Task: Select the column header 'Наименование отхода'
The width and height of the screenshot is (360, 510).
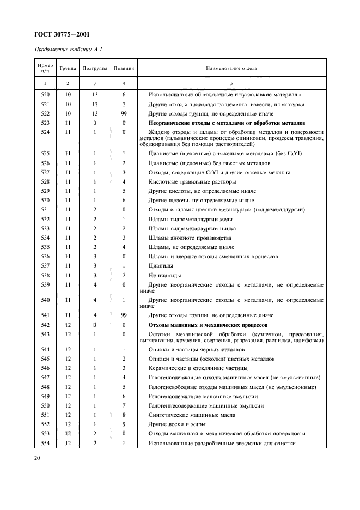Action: [x=231, y=69]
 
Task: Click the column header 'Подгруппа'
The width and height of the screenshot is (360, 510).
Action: [x=95, y=69]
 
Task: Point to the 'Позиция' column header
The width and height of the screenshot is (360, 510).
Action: [x=124, y=69]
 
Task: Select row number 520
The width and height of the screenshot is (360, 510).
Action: [x=45, y=94]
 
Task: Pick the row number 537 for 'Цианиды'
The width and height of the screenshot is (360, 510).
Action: [x=45, y=265]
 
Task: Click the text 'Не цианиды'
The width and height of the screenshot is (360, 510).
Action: [x=165, y=275]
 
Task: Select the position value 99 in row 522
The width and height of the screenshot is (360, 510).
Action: [x=124, y=113]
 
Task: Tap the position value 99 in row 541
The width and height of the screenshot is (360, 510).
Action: [x=124, y=315]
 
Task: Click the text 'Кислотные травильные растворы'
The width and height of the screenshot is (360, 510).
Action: [x=192, y=181]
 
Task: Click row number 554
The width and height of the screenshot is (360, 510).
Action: [x=45, y=443]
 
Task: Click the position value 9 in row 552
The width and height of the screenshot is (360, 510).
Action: [x=124, y=424]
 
